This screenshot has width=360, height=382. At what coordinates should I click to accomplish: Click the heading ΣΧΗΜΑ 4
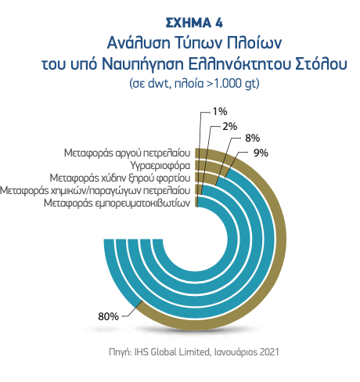(x=194, y=23)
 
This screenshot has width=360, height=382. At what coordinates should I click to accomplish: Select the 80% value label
(x=108, y=316)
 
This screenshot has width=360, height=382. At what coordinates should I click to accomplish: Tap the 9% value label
(x=261, y=153)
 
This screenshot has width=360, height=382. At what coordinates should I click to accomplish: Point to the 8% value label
(x=252, y=139)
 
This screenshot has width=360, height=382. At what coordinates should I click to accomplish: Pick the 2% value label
(x=229, y=127)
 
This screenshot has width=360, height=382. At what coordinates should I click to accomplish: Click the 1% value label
(x=220, y=112)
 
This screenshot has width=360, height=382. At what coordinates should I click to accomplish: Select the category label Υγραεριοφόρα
(x=160, y=166)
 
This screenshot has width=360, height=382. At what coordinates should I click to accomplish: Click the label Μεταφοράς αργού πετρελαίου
(x=127, y=153)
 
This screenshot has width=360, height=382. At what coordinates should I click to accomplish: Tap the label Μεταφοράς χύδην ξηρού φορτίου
(x=120, y=178)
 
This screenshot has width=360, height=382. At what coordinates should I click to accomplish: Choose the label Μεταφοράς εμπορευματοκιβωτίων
(x=117, y=203)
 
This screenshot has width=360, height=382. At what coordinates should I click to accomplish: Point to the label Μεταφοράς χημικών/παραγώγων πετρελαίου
(x=95, y=191)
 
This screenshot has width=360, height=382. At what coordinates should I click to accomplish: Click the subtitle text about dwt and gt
(x=194, y=84)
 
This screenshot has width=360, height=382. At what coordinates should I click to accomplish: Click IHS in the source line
(x=141, y=352)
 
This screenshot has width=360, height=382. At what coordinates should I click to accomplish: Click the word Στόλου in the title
(x=321, y=64)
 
